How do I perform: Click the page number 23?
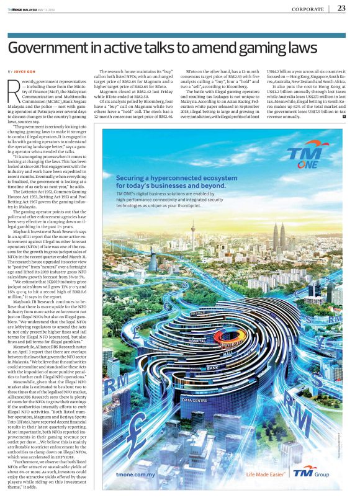[x=341, y=8]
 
